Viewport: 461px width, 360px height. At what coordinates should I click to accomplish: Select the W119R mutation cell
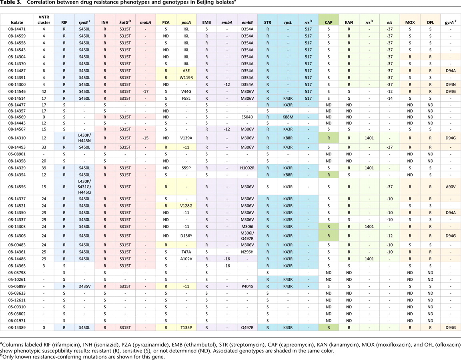click(185, 78)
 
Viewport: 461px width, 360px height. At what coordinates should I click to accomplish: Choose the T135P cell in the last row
click(185, 327)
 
